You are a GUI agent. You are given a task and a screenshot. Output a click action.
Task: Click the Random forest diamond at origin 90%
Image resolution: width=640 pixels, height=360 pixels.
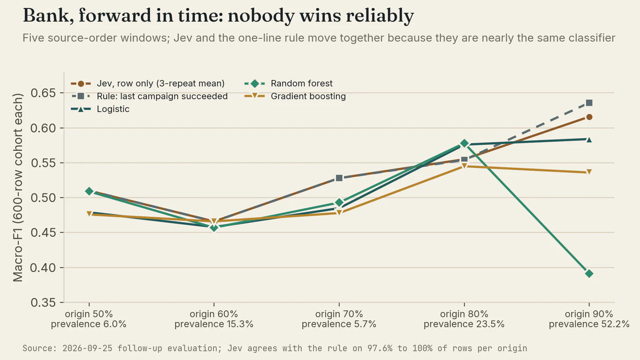tap(589, 274)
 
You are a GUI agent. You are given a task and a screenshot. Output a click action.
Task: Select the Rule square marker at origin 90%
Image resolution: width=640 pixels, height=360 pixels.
tap(589, 103)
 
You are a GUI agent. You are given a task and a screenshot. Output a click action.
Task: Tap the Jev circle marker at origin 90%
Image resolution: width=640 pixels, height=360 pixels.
tap(589, 117)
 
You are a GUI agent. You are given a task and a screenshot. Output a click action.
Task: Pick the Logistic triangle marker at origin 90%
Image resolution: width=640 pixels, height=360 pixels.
tap(589, 140)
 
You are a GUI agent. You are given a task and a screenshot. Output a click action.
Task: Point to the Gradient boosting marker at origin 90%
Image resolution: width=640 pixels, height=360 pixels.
tap(589, 172)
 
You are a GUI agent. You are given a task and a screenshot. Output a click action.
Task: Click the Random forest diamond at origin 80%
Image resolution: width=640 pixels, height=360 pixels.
tap(464, 143)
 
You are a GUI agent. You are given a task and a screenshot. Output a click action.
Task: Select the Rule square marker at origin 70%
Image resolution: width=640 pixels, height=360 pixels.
tap(339, 178)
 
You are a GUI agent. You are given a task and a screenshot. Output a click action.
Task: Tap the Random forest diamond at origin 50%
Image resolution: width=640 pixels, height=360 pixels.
tap(89, 191)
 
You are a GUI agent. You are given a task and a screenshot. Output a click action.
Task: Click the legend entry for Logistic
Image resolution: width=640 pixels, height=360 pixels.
tap(100, 109)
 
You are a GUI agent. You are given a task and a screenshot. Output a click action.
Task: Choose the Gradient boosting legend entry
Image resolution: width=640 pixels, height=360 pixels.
tap(295, 96)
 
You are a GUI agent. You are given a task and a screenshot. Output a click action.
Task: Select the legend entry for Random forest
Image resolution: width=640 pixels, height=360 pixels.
tap(288, 84)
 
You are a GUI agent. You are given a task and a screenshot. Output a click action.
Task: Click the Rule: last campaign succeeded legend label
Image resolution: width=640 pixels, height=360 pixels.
tap(162, 96)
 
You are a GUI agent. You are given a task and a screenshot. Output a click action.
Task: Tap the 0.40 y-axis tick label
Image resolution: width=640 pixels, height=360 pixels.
tap(44, 268)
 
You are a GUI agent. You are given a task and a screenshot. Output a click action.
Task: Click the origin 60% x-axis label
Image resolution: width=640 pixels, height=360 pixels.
tap(214, 314)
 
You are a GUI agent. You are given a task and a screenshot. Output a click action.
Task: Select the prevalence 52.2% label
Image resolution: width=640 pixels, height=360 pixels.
tap(589, 324)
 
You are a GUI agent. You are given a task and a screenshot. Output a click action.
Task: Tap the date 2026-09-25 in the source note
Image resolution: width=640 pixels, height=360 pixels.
tap(87, 348)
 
